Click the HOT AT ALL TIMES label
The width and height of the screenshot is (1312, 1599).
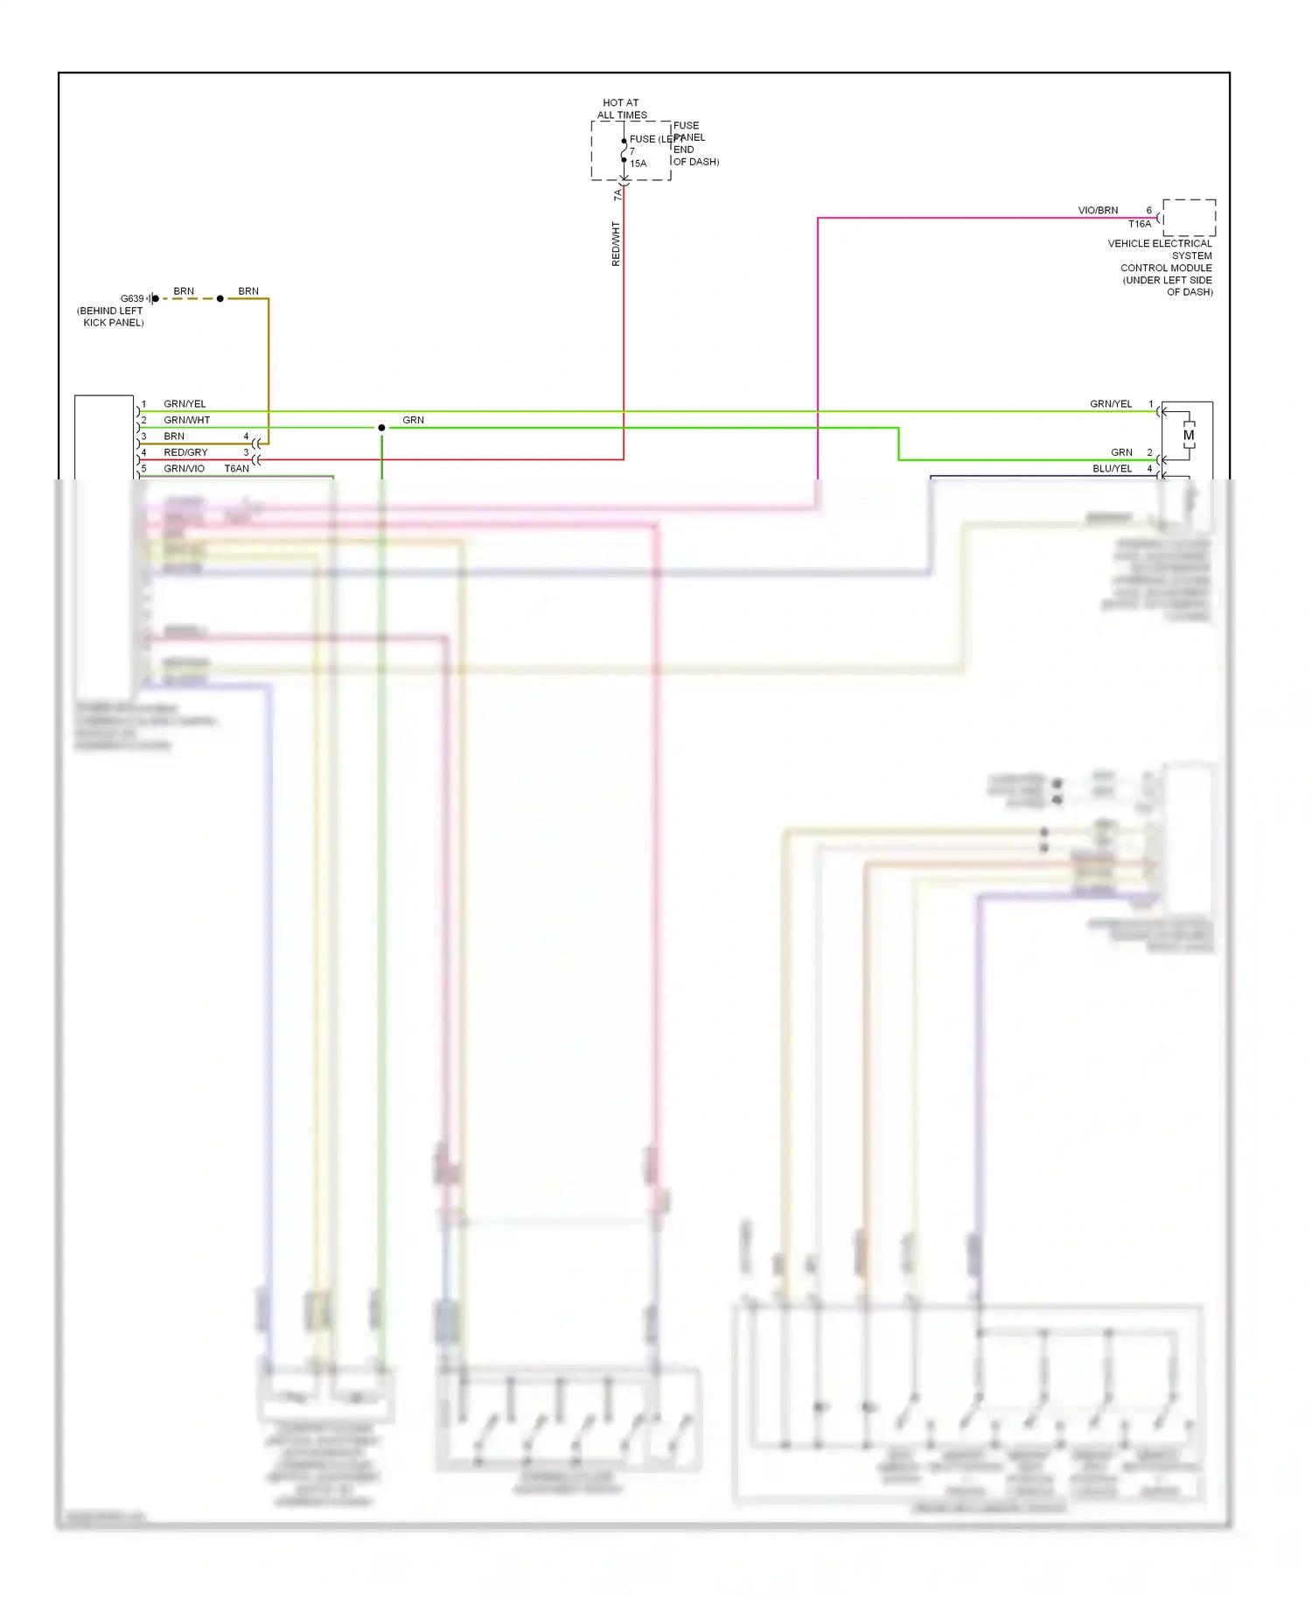pos(621,108)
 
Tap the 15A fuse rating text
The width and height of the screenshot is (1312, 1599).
pos(639,164)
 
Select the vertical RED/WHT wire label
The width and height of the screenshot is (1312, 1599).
pos(616,243)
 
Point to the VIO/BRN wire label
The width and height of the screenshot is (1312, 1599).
pos(1098,210)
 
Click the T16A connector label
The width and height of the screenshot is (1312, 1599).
pos(1139,224)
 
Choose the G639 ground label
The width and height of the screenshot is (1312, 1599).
pos(132,298)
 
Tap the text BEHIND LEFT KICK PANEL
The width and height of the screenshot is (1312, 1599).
pos(111,317)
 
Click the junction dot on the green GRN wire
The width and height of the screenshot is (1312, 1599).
pos(381,428)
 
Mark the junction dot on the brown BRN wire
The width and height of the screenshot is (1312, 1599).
pos(220,298)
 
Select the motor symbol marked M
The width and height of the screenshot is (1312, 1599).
pos(1188,435)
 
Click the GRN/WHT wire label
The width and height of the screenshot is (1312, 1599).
pos(186,420)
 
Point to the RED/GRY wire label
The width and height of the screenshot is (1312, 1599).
pos(185,452)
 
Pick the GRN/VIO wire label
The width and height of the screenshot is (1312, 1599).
pos(184,468)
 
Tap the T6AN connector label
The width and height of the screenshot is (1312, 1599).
pos(237,468)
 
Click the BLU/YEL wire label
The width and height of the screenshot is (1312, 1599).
pos(1112,468)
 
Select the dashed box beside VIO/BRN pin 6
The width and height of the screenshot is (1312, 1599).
pos(1189,218)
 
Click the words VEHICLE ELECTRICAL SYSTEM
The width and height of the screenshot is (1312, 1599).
pos(1161,249)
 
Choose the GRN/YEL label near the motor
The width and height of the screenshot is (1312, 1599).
pos(1111,403)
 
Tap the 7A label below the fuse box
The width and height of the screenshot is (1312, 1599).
pos(618,194)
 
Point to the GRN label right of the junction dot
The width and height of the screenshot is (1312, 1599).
pos(413,420)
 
